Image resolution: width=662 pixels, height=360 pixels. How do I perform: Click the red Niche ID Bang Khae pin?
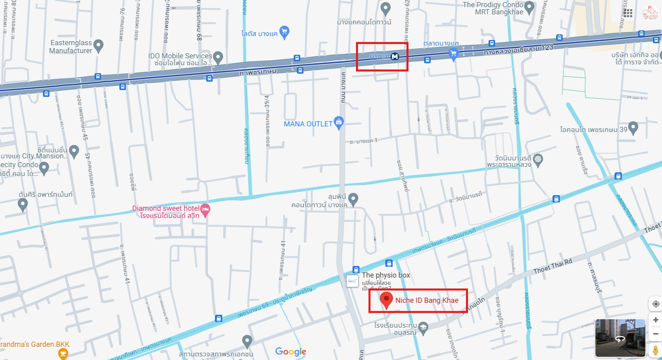click(x=386, y=300)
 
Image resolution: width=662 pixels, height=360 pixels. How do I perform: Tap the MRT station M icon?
click(x=395, y=56)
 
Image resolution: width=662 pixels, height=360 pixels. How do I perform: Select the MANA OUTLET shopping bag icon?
click(x=339, y=122)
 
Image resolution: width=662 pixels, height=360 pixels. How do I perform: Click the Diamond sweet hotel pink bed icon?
click(x=205, y=209)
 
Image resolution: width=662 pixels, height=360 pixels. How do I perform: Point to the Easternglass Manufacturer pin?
click(x=98, y=45)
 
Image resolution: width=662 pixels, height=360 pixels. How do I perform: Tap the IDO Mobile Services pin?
click(x=218, y=57)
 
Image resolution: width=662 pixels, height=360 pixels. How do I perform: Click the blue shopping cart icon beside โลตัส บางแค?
click(x=284, y=32)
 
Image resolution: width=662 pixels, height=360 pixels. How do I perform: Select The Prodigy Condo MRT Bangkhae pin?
click(x=529, y=7)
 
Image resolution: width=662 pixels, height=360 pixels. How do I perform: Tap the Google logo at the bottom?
click(x=290, y=352)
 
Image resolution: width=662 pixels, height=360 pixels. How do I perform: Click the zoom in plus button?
click(x=655, y=320)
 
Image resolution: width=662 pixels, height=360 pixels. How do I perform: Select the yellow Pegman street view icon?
click(x=655, y=350)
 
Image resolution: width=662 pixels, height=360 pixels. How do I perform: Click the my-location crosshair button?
click(x=655, y=304)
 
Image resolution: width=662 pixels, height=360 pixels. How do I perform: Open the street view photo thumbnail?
click(x=620, y=338)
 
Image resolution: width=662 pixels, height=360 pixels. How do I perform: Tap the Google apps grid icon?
click(x=628, y=13)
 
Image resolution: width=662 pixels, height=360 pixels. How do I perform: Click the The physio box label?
click(x=386, y=275)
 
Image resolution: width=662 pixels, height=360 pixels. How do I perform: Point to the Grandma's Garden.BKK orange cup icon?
click(x=63, y=353)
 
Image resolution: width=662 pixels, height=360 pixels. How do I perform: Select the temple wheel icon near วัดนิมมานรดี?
click(x=538, y=159)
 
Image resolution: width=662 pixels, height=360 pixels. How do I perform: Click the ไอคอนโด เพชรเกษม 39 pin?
click(x=633, y=128)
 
